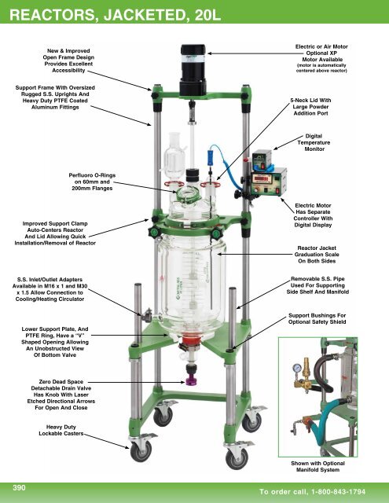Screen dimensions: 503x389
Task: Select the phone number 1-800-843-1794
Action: coord(343,492)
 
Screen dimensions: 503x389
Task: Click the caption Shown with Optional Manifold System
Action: coord(327,468)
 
